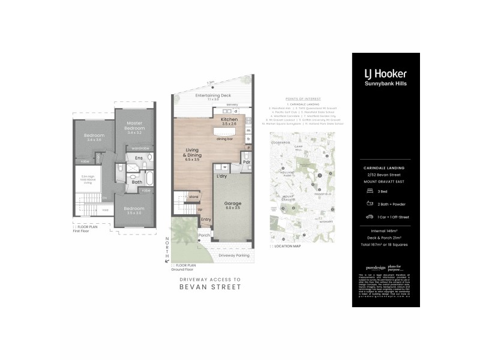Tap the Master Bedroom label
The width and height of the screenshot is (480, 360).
135,125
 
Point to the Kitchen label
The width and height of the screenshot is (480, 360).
229,120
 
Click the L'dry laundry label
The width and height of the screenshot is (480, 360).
221,176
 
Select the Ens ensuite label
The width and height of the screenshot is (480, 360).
139,158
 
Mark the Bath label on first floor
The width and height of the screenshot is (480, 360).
137,182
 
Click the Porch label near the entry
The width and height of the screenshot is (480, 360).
204,235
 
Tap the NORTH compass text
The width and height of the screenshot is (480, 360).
167,247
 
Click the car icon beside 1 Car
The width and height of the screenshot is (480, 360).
367,216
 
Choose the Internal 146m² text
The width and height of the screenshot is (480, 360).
386,230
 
